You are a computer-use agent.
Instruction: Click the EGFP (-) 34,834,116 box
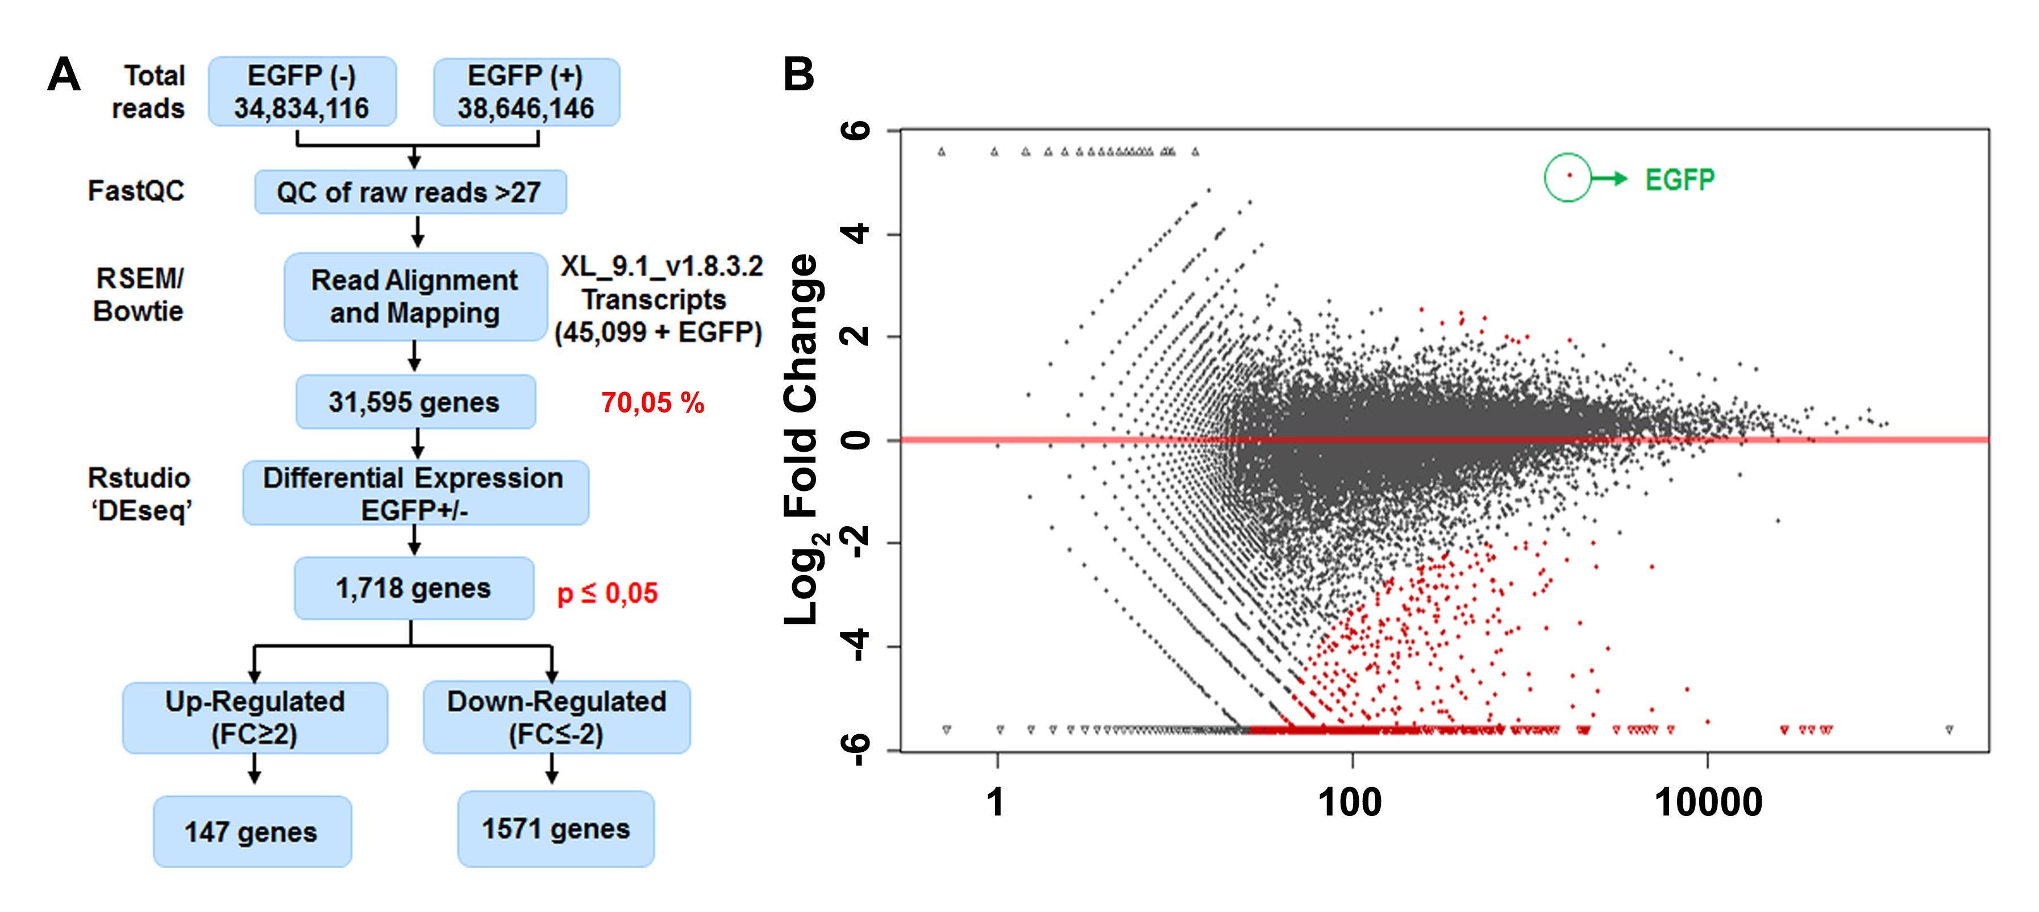[302, 92]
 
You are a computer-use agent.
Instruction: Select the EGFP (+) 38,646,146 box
[526, 92]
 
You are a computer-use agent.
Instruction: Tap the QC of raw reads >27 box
[410, 193]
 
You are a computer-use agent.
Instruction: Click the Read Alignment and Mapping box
[415, 297]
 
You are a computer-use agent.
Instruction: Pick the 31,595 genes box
[415, 402]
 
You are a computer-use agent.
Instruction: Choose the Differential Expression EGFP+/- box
[415, 493]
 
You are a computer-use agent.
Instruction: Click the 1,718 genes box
[413, 588]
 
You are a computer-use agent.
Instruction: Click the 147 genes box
[252, 831]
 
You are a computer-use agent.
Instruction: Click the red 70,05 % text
[652, 403]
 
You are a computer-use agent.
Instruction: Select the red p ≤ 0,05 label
[607, 593]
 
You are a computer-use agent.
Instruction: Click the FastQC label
[136, 191]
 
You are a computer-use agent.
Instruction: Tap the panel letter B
[798, 74]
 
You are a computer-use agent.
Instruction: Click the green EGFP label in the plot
[1680, 180]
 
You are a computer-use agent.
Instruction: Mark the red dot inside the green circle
[1569, 175]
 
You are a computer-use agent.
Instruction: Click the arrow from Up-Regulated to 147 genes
[254, 768]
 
